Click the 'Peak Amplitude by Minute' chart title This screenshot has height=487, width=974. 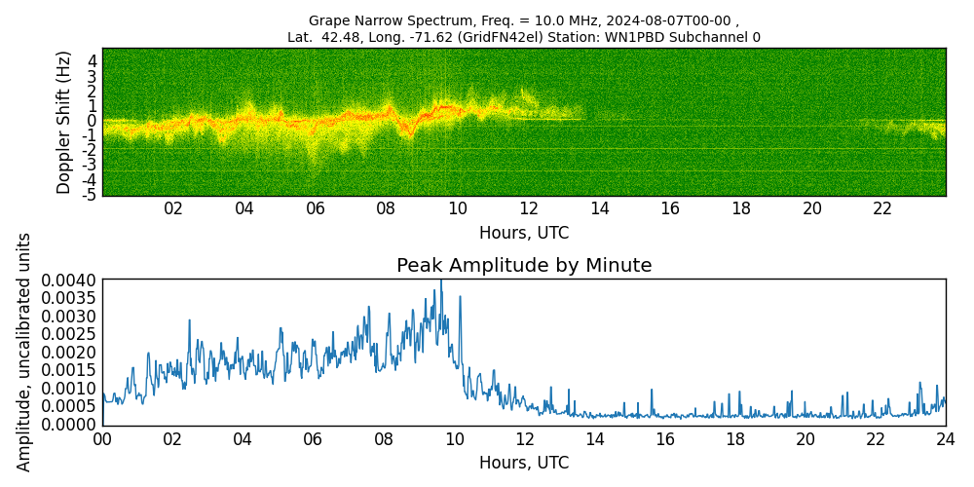point(524,266)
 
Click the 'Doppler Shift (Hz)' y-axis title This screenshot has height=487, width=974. point(64,122)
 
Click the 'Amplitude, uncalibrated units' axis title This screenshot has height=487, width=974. point(25,352)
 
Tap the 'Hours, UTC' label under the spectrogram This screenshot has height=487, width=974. point(524,234)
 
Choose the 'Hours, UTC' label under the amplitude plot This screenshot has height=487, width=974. point(524,463)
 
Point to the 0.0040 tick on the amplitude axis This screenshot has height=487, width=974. point(69,281)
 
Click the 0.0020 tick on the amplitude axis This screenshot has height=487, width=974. point(69,353)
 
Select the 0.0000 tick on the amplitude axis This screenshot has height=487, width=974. point(69,425)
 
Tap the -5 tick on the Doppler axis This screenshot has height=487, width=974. point(89,195)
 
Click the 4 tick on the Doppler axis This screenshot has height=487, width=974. point(93,61)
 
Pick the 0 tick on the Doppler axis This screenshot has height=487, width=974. point(93,121)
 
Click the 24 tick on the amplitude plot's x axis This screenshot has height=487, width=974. point(946,439)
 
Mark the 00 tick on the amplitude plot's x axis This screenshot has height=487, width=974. point(102,439)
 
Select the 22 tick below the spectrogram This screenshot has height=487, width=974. point(882,209)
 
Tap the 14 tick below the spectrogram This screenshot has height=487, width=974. point(599,209)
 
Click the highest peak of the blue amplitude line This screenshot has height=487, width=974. point(440,281)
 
